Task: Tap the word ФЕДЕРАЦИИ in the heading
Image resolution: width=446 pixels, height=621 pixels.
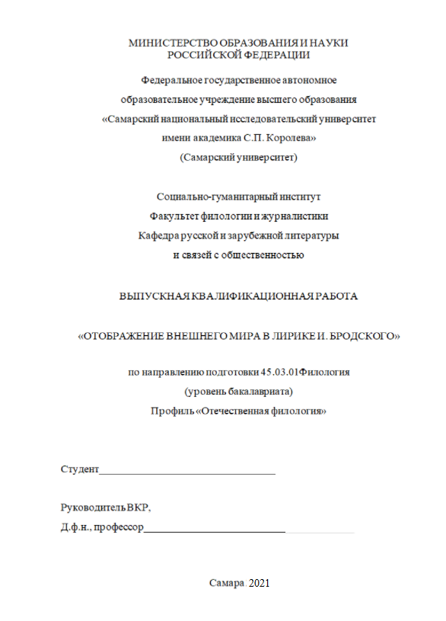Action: [274, 55]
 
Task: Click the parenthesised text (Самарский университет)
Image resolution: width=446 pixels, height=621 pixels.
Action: [238, 158]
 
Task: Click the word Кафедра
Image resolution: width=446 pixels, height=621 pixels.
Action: [161, 235]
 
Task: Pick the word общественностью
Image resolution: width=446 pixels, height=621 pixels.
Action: [264, 255]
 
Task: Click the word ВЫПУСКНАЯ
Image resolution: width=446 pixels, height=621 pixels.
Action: [148, 296]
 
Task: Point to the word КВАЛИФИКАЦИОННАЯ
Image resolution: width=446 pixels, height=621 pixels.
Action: [243, 296]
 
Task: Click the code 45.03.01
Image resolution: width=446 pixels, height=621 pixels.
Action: [279, 372]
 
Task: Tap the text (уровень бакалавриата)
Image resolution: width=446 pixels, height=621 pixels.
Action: [238, 392]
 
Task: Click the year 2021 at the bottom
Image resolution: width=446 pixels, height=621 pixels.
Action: [260, 583]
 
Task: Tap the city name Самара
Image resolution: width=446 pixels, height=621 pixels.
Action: [228, 583]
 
